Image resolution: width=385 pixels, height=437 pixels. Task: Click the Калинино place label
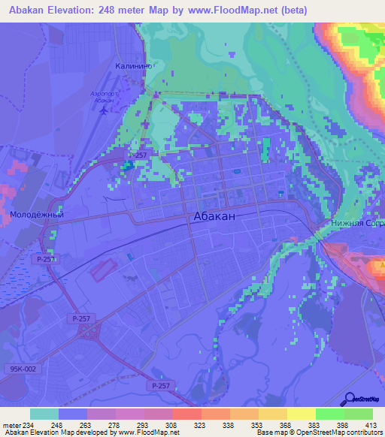tap(135, 66)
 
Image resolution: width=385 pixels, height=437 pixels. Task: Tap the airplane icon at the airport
tap(104, 109)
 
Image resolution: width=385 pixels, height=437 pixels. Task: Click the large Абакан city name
tap(214, 215)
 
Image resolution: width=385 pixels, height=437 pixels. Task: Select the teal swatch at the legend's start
tap(44, 413)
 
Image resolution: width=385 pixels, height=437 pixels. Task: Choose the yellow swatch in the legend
tap(301, 413)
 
